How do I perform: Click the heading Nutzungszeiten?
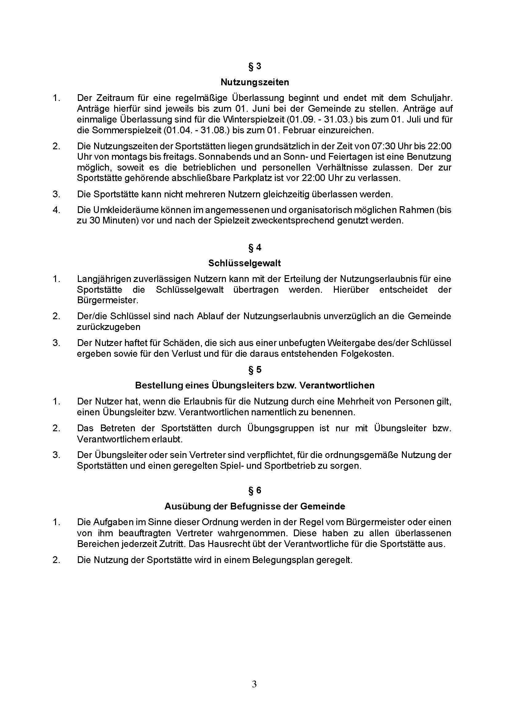tap(254, 82)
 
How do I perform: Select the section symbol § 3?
tap(254, 66)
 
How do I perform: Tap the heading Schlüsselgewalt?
tap(244, 263)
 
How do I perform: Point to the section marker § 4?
tap(254, 248)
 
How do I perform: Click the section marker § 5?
tap(254, 370)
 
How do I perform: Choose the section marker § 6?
tap(254, 490)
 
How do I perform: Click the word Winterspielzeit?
tap(253, 119)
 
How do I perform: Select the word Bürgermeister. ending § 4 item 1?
tap(107, 300)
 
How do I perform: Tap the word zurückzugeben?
tap(108, 327)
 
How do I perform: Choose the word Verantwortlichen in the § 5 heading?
tap(337, 385)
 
